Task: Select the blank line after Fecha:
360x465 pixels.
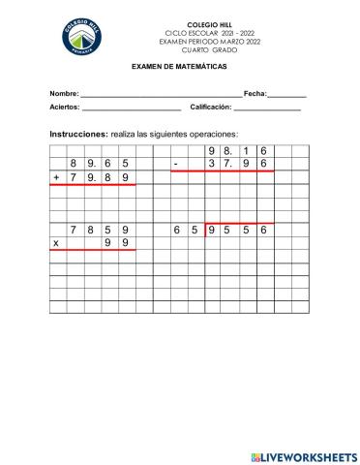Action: [286, 94]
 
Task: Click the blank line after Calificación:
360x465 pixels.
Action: [267, 108]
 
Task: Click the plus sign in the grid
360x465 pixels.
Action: [57, 178]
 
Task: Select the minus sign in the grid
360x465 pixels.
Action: [175, 165]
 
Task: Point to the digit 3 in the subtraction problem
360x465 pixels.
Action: [212, 165]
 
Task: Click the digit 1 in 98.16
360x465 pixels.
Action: [248, 152]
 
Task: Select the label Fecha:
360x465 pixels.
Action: [255, 93]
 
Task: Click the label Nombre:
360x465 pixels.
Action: [64, 93]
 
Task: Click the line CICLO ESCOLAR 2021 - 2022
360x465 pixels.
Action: [202, 33]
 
